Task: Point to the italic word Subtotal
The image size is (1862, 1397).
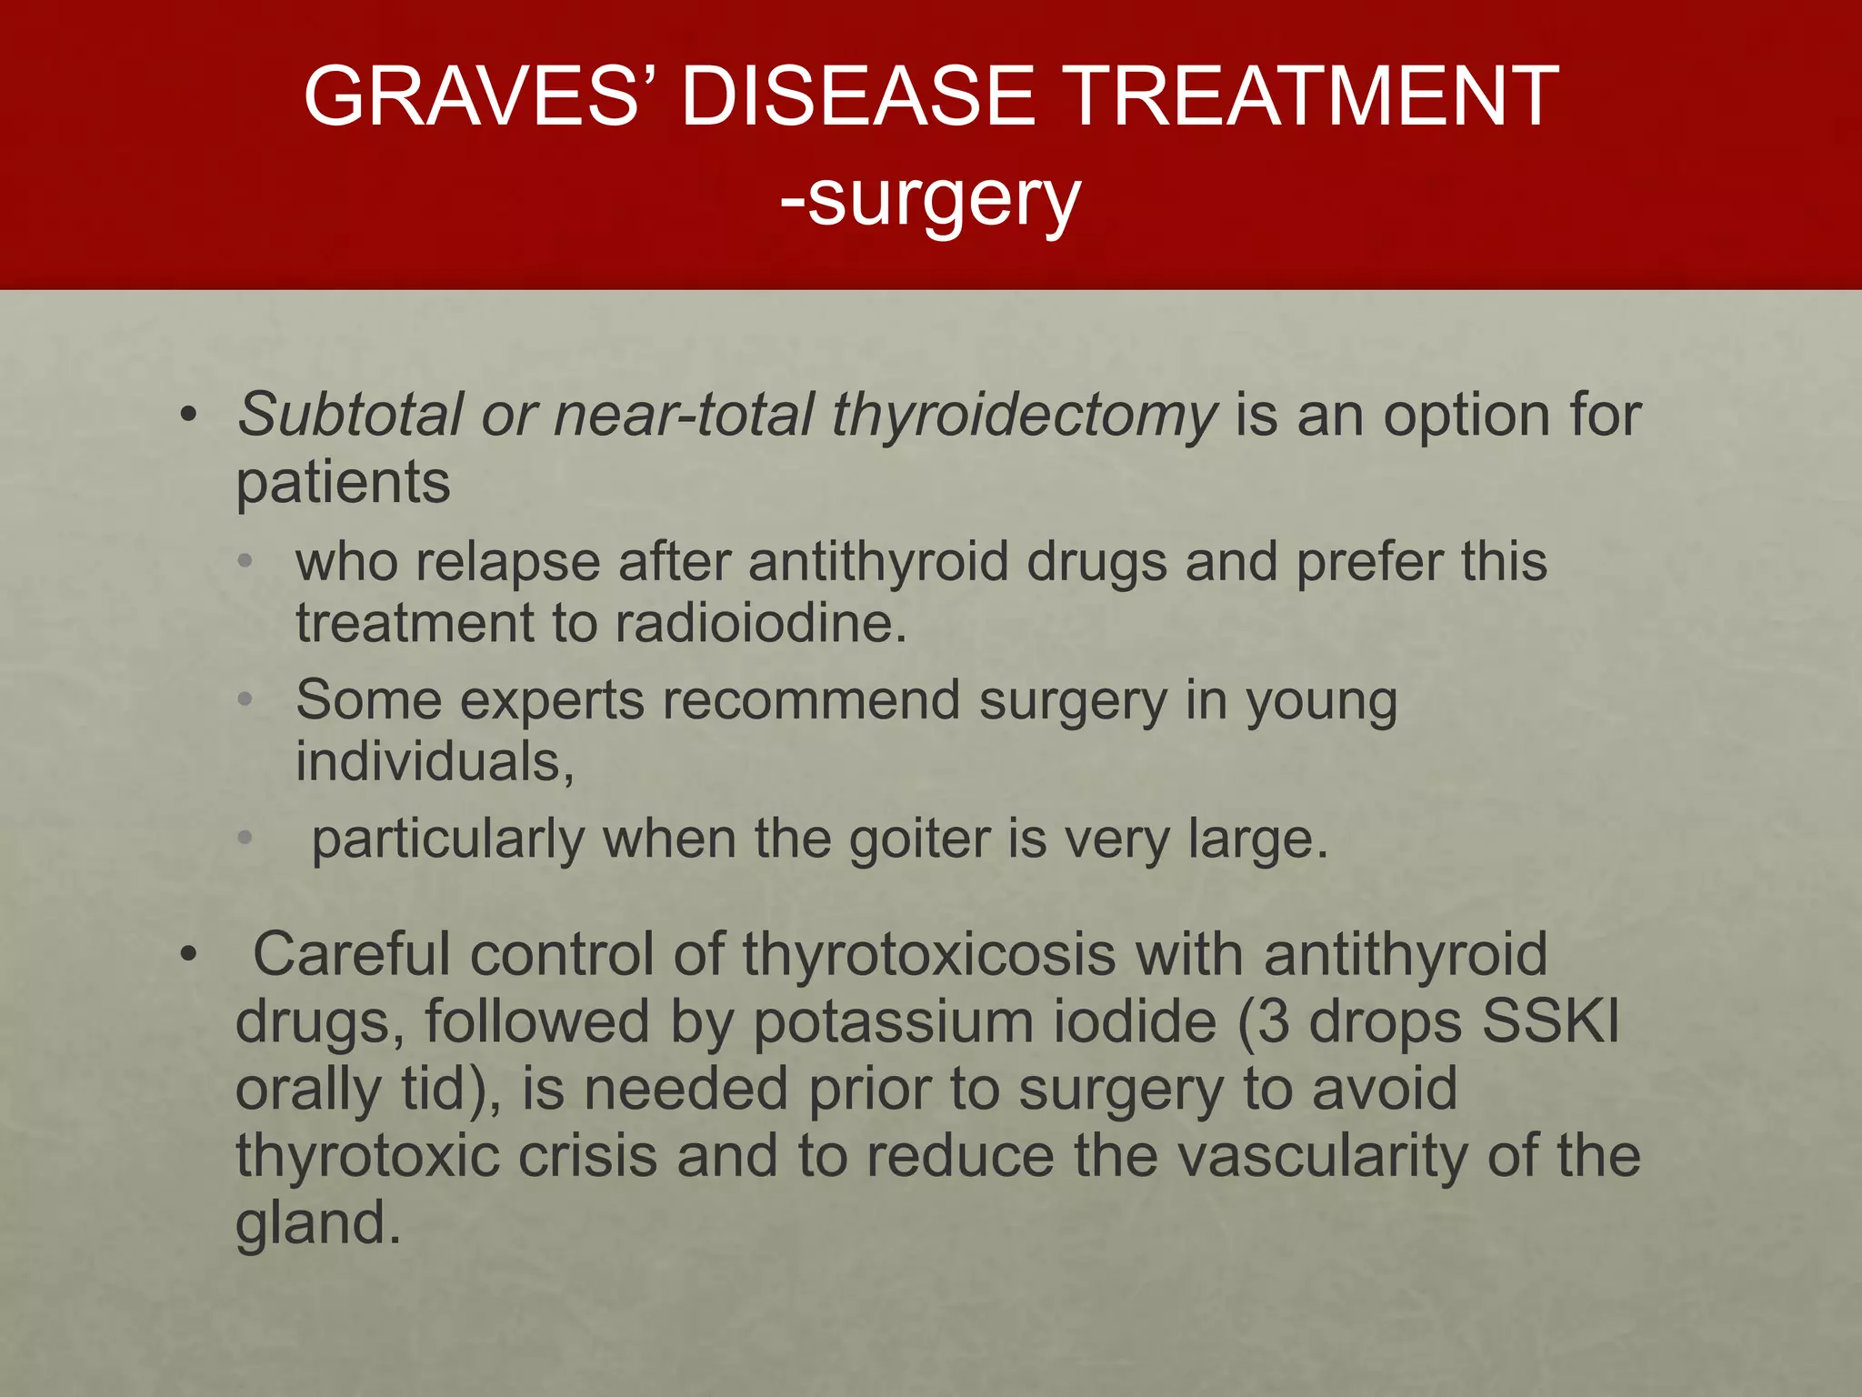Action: [351, 415]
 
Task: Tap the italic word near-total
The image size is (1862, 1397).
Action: [683, 415]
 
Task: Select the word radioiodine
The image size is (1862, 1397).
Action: [760, 623]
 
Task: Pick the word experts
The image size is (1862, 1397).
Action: [552, 700]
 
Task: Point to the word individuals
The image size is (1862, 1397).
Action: [434, 761]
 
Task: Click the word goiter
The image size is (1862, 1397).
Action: [919, 840]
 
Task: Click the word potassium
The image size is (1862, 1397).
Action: [894, 1022]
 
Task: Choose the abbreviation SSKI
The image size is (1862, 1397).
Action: [1551, 1020]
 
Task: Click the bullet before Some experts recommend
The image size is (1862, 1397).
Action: [244, 700]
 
